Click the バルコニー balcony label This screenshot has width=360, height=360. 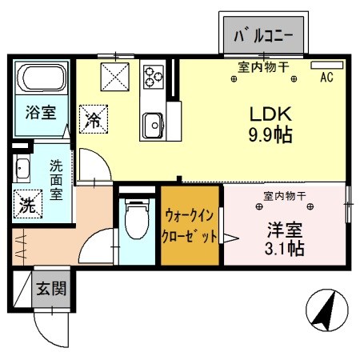[263, 35]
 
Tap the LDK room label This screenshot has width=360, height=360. [262, 113]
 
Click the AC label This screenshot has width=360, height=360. [326, 78]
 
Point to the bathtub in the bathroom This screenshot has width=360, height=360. [42, 78]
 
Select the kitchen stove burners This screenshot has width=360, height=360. [152, 77]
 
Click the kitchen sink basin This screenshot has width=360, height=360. [151, 125]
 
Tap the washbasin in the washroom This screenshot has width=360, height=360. [22, 168]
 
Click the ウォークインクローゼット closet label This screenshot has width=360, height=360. [190, 226]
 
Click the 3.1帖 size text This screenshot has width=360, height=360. [286, 248]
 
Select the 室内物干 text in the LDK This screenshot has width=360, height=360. [263, 66]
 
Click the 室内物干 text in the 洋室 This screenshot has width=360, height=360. [286, 194]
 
